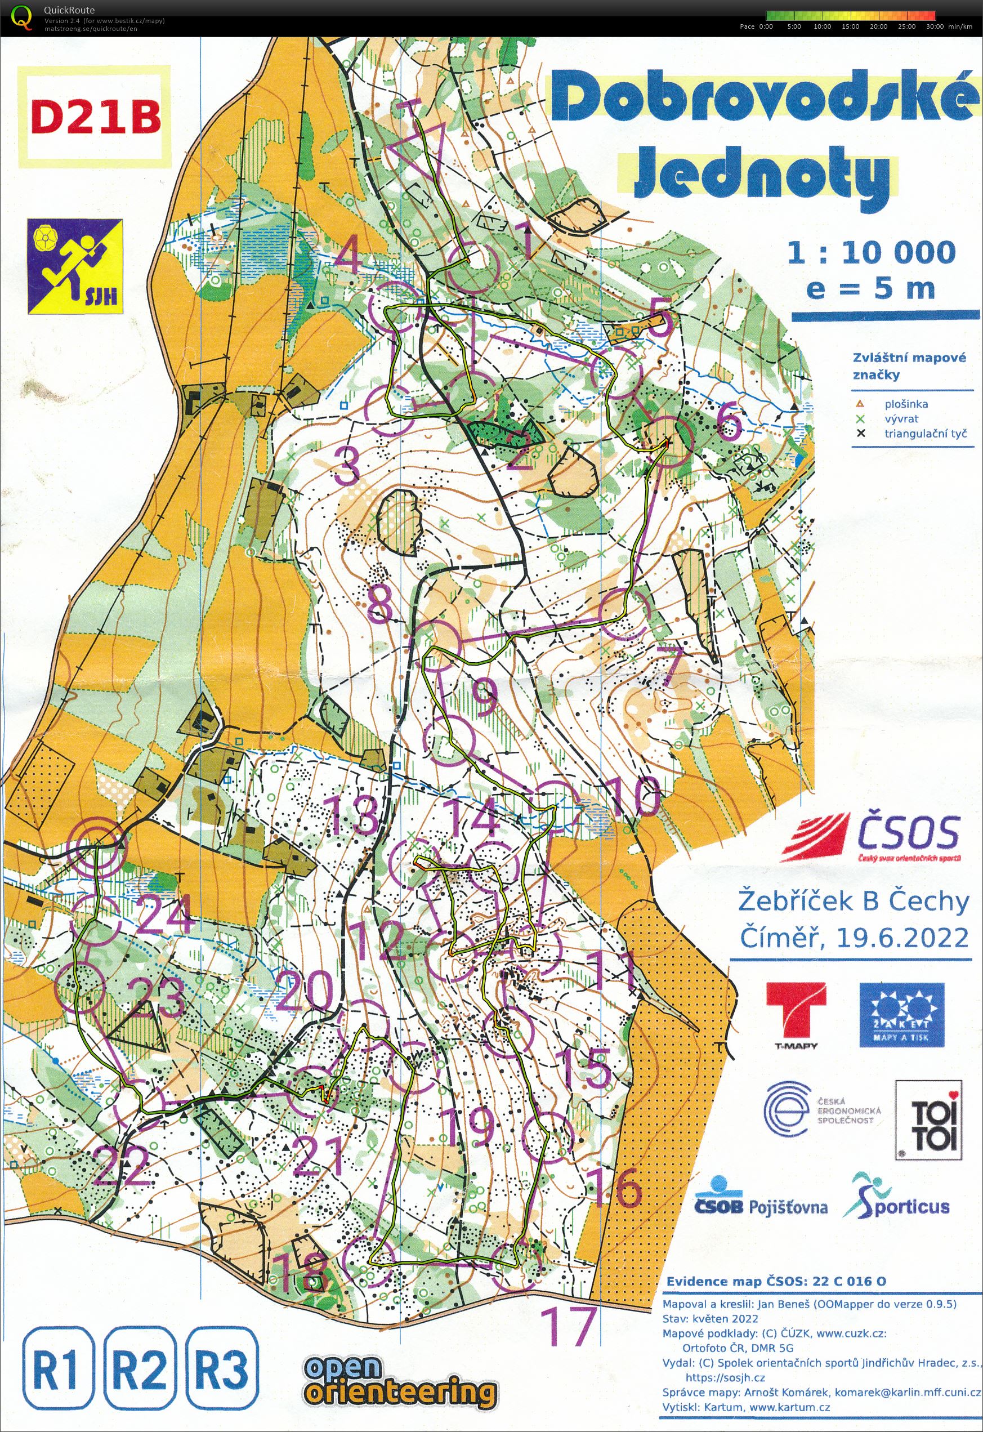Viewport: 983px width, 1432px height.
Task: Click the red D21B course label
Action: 96,117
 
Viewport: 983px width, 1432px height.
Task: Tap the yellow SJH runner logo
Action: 74,267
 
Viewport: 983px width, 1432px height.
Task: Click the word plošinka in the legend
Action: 905,404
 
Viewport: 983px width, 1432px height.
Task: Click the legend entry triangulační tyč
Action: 925,433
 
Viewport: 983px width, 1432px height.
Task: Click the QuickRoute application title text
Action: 69,10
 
